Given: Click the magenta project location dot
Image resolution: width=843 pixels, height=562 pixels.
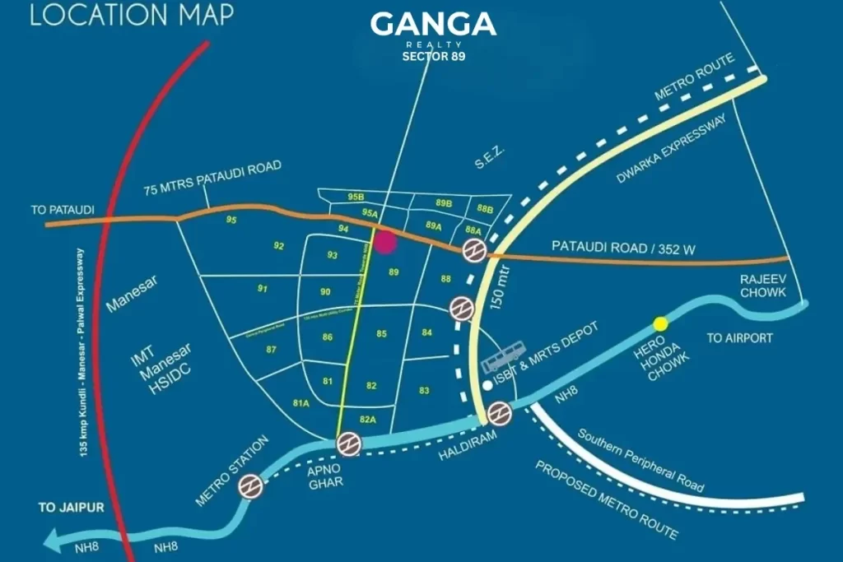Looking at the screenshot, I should (x=385, y=242).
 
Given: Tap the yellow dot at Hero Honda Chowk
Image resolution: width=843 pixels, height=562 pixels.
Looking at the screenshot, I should (x=660, y=323).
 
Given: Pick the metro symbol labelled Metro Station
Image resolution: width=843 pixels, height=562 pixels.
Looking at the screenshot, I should (x=251, y=487).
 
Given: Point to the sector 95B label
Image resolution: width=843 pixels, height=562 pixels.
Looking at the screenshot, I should (x=356, y=197).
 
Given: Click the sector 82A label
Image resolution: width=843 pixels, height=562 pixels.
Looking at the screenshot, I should (x=368, y=420).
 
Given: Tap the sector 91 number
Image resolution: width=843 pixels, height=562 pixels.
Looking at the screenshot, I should (x=263, y=289).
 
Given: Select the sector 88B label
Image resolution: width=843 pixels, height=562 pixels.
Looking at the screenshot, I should (x=485, y=208).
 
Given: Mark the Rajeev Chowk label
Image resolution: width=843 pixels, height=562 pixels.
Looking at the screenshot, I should (x=763, y=286).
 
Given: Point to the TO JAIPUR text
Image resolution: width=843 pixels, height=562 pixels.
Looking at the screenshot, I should (x=72, y=508).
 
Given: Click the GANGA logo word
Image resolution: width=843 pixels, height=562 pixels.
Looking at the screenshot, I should (x=433, y=25).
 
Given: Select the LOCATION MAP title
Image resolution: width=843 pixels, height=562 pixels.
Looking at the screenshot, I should (x=132, y=15).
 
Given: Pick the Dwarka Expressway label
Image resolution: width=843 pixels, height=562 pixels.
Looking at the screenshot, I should (x=672, y=149).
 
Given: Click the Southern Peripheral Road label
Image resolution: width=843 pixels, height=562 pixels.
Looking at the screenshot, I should (x=640, y=458).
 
